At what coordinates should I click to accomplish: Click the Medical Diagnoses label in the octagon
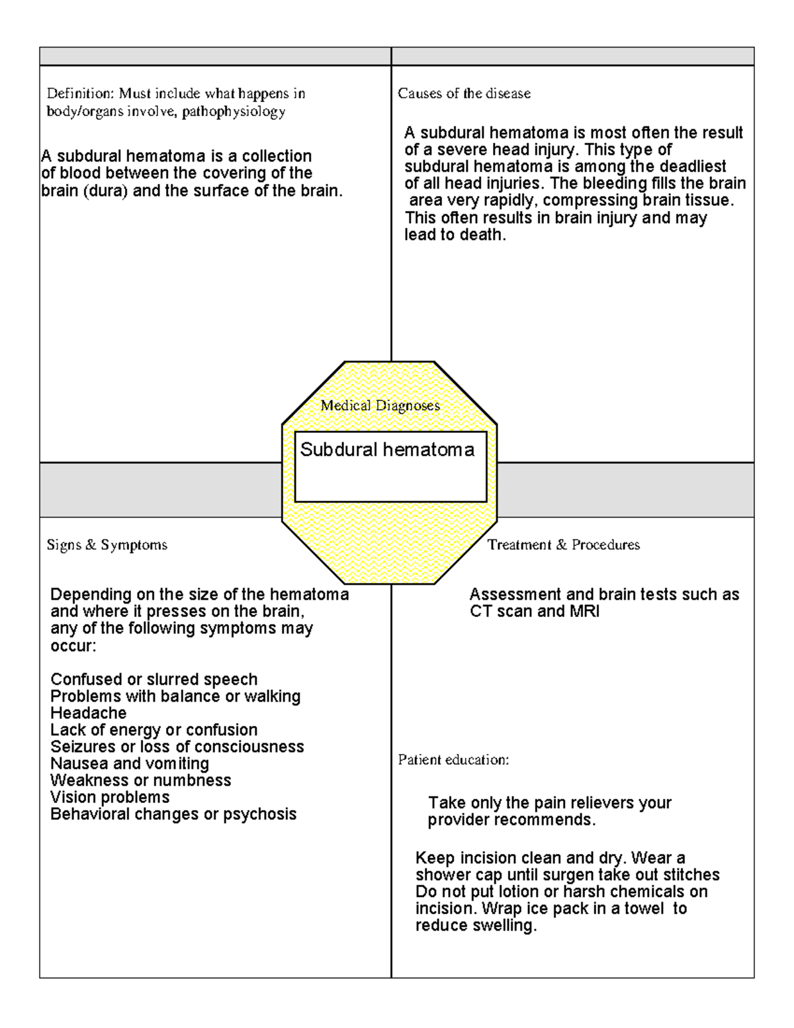point(380,406)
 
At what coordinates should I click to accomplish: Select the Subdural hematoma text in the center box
point(387,450)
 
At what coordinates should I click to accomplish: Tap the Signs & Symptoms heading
point(107,545)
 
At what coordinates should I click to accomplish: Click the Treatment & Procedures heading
point(563,545)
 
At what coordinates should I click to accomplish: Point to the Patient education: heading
point(453,760)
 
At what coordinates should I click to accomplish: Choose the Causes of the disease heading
point(464,93)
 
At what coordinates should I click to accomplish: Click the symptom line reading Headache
point(88,713)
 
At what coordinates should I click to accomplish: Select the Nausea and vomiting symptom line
point(130,763)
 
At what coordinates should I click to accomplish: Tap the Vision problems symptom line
point(110,797)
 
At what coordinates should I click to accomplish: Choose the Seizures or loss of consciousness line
point(177,747)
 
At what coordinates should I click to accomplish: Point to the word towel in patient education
point(644,909)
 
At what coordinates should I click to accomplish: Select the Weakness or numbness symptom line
point(140,780)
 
